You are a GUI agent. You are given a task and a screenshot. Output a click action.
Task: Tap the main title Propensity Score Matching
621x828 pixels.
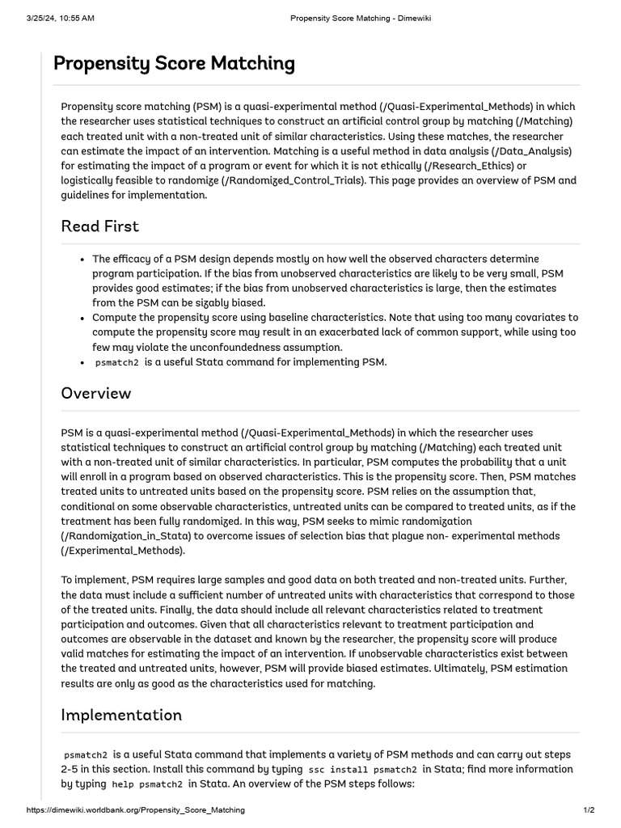[174, 64]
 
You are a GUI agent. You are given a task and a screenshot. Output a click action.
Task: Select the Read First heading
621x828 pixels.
[100, 226]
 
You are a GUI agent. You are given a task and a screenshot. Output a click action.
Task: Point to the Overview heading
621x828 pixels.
[96, 394]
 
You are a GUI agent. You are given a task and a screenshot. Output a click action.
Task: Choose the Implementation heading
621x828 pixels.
[122, 715]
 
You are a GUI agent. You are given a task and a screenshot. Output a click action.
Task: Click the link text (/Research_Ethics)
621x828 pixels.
[468, 166]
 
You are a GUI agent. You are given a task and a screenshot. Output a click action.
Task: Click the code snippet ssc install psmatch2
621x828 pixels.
[363, 770]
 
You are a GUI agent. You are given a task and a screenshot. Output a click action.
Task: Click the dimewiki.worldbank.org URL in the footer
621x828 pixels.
[136, 809]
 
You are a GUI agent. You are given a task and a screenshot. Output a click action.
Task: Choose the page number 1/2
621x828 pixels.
[589, 809]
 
